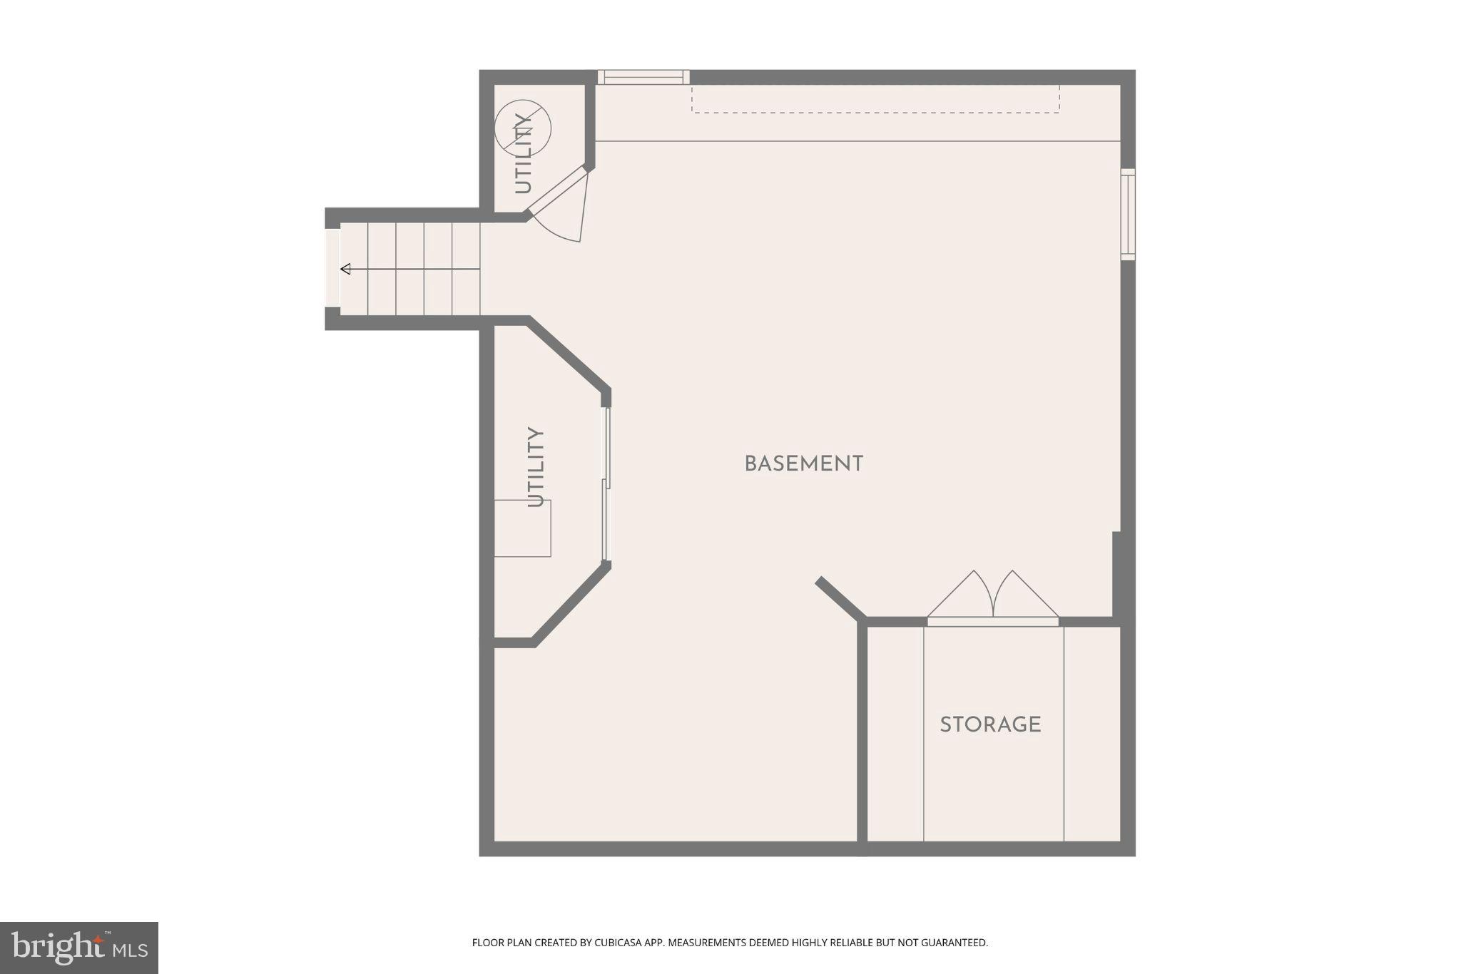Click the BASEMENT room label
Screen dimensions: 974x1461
(x=804, y=464)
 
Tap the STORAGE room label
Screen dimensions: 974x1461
(x=990, y=725)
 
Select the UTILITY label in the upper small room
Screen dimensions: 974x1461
(x=523, y=153)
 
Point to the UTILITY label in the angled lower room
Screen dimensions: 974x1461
(x=536, y=466)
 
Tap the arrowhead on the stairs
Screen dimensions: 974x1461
(x=346, y=269)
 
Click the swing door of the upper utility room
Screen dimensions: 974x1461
(x=557, y=190)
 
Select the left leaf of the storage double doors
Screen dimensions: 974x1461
(x=959, y=595)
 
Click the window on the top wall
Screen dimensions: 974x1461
(x=643, y=77)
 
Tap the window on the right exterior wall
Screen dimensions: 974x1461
(x=1127, y=214)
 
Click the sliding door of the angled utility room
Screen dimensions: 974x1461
(x=606, y=485)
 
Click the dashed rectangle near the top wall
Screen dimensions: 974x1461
(x=875, y=99)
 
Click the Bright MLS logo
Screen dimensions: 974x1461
(x=79, y=948)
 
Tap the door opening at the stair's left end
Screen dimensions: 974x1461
(x=332, y=268)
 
